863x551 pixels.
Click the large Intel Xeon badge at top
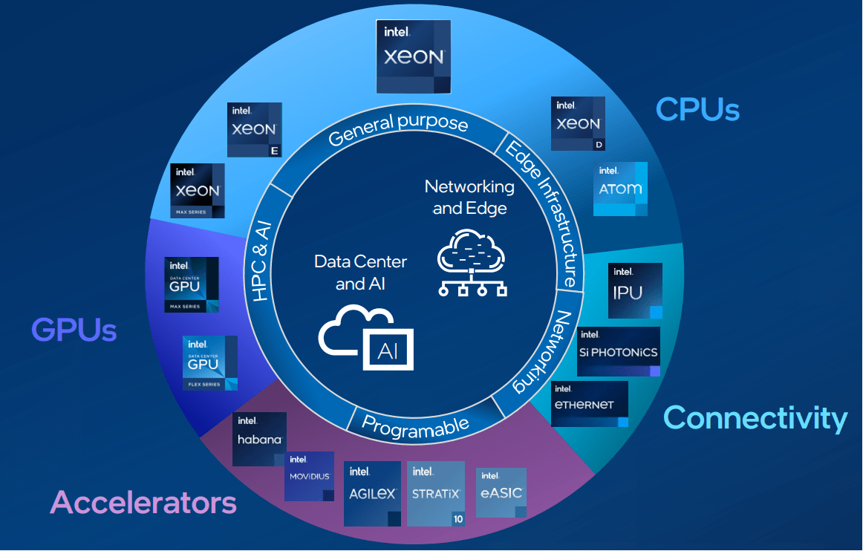(414, 57)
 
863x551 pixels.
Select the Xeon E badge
(254, 130)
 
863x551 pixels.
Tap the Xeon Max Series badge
(198, 191)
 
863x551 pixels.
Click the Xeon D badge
(578, 123)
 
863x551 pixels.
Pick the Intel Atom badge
(620, 189)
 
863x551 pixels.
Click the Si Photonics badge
(618, 351)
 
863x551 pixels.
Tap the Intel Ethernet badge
(590, 403)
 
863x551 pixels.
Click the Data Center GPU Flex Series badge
(210, 363)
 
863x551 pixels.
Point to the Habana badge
(259, 439)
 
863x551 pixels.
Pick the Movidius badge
(309, 476)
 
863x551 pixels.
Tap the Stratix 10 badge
(436, 494)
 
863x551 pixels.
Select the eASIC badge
(501, 492)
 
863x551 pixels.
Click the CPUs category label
(697, 109)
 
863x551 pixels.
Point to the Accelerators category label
(143, 503)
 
